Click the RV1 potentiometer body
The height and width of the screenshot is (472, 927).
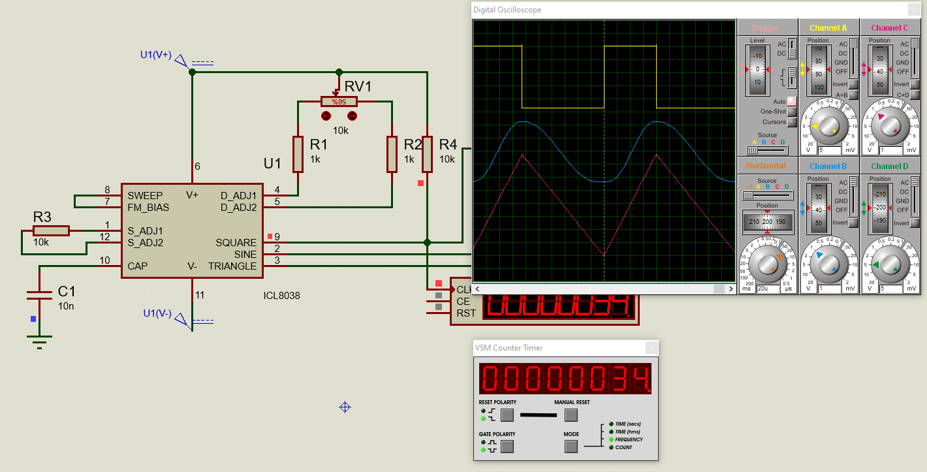(x=339, y=101)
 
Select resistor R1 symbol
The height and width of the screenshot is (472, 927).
(x=298, y=154)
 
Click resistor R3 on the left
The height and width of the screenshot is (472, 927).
(x=51, y=230)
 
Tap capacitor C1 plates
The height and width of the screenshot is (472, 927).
(x=39, y=294)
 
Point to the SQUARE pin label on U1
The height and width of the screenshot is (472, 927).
(x=236, y=243)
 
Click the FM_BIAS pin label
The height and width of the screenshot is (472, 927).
(x=148, y=208)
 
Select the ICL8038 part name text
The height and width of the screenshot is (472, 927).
(x=281, y=296)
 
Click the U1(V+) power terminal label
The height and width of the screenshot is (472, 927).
(x=155, y=55)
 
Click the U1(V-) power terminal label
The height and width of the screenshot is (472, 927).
(x=157, y=313)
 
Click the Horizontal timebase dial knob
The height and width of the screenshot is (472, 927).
(x=767, y=264)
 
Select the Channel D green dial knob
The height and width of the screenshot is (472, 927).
(x=890, y=264)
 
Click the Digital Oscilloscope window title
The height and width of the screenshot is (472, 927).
(x=507, y=10)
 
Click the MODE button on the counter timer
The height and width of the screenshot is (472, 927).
(x=571, y=447)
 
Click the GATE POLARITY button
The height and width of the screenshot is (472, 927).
(x=507, y=447)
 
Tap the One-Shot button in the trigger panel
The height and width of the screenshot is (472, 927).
(x=792, y=112)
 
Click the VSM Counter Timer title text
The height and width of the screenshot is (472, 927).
(x=509, y=348)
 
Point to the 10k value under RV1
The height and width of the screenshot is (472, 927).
(x=341, y=131)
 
